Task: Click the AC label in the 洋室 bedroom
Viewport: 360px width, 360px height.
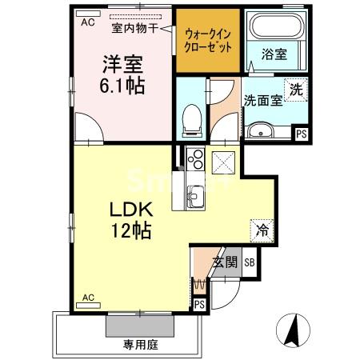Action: pyautogui.click(x=86, y=22)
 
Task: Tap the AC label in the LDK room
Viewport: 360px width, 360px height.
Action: pyautogui.click(x=87, y=298)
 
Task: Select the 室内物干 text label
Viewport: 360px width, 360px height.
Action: pyautogui.click(x=134, y=29)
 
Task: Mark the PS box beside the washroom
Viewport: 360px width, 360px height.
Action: pyautogui.click(x=302, y=134)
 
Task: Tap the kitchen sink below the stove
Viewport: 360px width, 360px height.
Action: pyautogui.click(x=196, y=194)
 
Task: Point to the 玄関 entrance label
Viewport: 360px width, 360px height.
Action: pyautogui.click(x=225, y=262)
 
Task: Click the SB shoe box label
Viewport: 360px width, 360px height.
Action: pyautogui.click(x=249, y=262)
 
